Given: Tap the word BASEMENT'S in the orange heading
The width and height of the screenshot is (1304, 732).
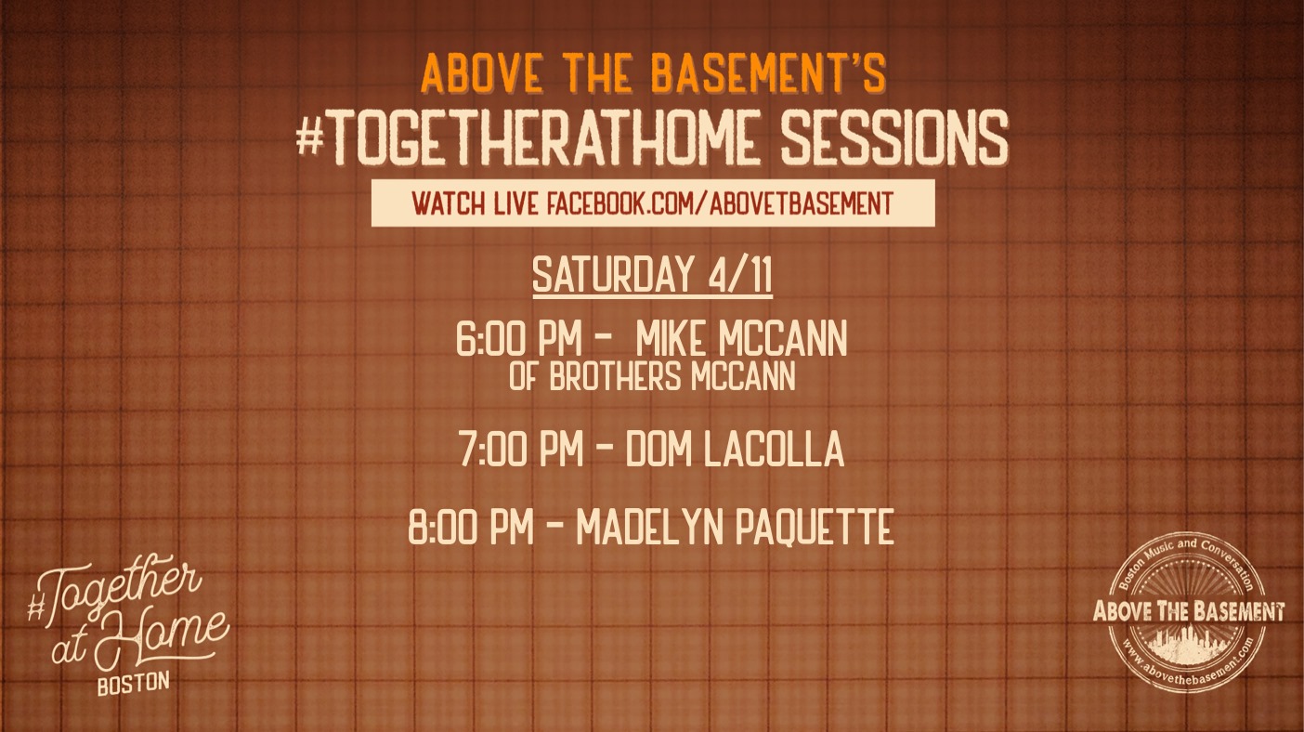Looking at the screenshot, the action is coord(768,74).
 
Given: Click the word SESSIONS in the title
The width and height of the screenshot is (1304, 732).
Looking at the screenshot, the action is coord(894,137).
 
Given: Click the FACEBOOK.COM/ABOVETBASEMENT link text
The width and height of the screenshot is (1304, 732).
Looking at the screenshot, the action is coord(720,203).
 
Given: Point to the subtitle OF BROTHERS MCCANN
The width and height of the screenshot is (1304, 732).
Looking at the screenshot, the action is coord(652,376).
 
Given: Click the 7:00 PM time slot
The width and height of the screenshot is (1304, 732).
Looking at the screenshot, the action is coord(521,449).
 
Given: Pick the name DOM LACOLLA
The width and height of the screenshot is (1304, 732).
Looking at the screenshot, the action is coord(735,449).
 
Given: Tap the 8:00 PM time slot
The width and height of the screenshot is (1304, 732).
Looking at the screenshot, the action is coord(471,527).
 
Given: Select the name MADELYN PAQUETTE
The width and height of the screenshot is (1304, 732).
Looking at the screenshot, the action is coord(736,527).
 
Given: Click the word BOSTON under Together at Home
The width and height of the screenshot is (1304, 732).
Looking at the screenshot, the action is coord(134,684).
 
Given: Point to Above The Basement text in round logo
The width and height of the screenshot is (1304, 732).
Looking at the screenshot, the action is coord(1188,611).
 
